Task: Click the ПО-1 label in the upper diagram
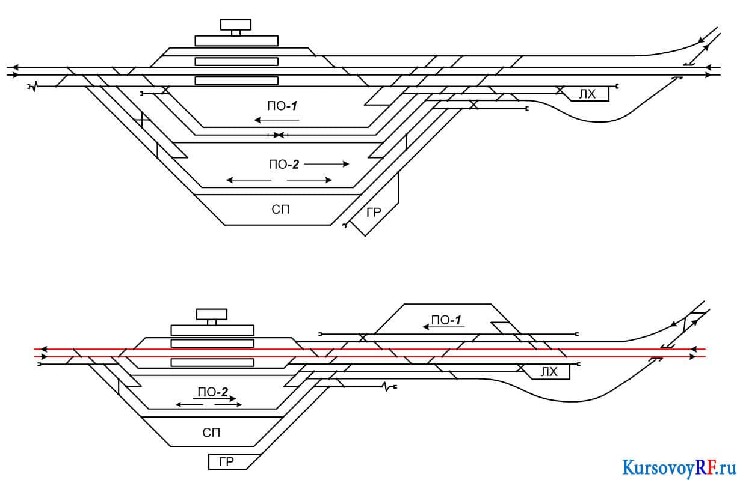click(282, 106)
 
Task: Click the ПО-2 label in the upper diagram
click(284, 164)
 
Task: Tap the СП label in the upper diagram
click(280, 210)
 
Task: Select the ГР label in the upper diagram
click(374, 213)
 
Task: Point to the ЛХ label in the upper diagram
click(587, 94)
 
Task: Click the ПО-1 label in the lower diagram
click(446, 320)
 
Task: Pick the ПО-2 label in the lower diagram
click(213, 392)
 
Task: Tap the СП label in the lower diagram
click(211, 433)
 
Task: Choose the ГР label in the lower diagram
click(226, 462)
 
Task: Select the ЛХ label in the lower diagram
click(549, 372)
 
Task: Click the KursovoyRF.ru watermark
click(679, 468)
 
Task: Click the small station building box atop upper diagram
click(236, 25)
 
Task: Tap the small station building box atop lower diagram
click(212, 314)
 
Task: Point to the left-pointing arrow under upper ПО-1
click(277, 120)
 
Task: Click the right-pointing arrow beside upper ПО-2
click(326, 164)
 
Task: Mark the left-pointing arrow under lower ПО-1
click(443, 327)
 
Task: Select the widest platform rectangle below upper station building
click(236, 41)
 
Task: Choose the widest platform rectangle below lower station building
click(212, 330)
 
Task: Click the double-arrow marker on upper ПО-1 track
click(279, 135)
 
